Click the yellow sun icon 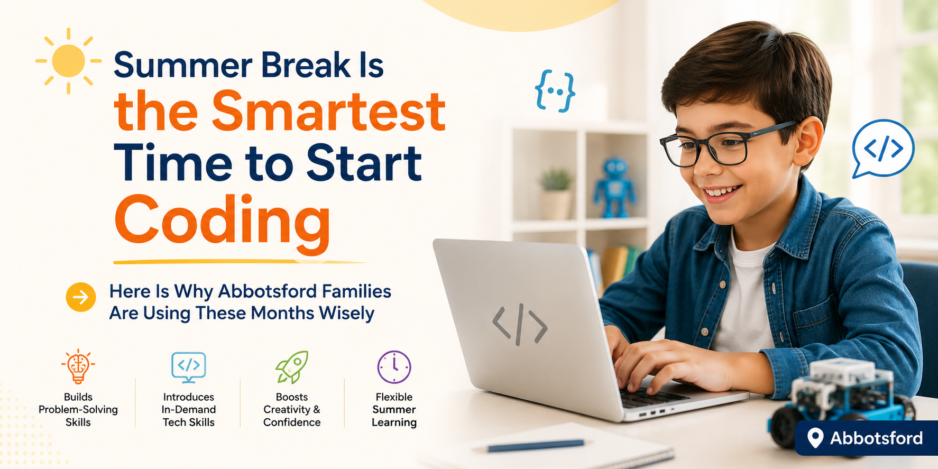pyautogui.click(x=69, y=61)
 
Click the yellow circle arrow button pyautogui.click(x=81, y=297)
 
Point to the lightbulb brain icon pyautogui.click(x=78, y=366)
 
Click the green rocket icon pyautogui.click(x=292, y=367)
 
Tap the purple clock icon pyautogui.click(x=394, y=367)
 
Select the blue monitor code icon pyautogui.click(x=189, y=367)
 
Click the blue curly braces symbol pyautogui.click(x=555, y=91)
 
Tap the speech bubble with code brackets pyautogui.click(x=882, y=149)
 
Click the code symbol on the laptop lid pyautogui.click(x=520, y=324)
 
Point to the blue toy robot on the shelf pyautogui.click(x=614, y=187)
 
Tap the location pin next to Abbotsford pyautogui.click(x=815, y=438)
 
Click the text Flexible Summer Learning pyautogui.click(x=394, y=410)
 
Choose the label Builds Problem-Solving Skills pyautogui.click(x=78, y=410)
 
